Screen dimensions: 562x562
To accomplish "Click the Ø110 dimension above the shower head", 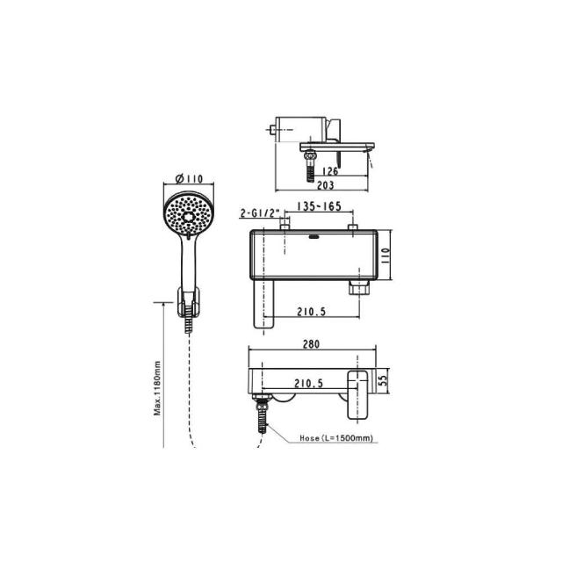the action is [189, 178].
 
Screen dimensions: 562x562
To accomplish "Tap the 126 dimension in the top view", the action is [330, 171].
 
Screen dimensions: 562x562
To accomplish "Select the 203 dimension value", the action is [326, 185].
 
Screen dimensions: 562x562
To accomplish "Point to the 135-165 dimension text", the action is [320, 207].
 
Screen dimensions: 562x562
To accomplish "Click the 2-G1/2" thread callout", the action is [260, 213].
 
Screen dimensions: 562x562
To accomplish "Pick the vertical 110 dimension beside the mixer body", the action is [385, 256].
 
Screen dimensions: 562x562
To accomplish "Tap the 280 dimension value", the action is [311, 344].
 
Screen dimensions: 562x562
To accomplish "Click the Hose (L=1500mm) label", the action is [336, 438].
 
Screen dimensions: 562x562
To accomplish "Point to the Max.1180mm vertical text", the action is [157, 388].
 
